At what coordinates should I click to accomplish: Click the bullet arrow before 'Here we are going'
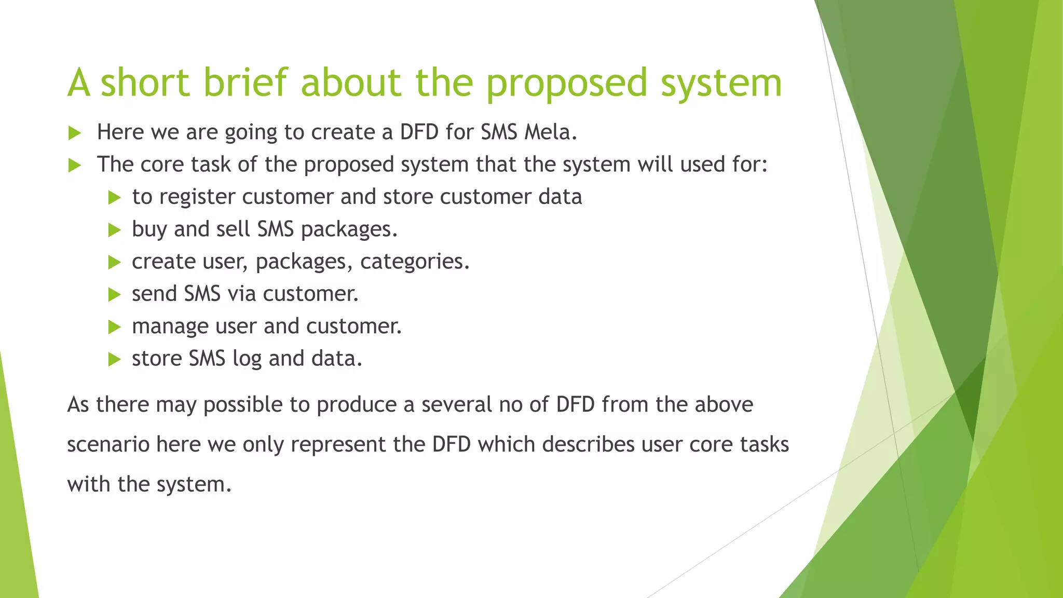click(x=75, y=133)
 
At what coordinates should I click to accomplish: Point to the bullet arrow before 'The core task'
click(x=75, y=166)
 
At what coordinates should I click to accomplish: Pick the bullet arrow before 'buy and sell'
click(x=114, y=230)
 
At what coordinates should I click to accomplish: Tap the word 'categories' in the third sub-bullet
click(x=414, y=262)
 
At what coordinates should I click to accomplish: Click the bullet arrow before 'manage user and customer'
click(x=114, y=327)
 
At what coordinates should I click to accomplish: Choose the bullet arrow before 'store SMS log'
click(x=114, y=359)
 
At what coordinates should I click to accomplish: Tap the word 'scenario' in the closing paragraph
click(x=108, y=445)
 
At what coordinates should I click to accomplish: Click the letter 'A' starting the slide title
click(x=78, y=83)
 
